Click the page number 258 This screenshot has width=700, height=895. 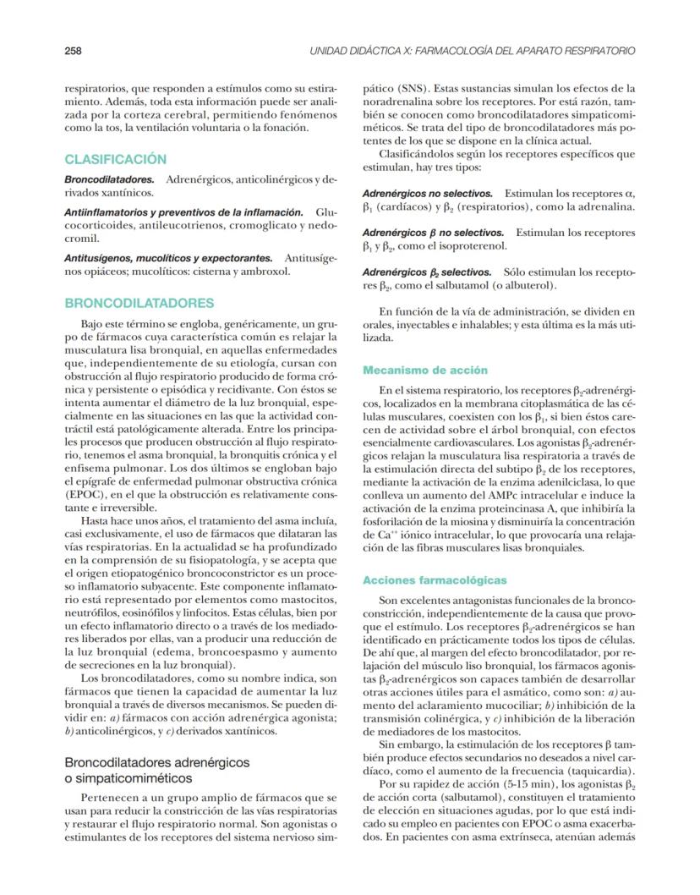coord(74,51)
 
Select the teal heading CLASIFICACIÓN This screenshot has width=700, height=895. coord(116,159)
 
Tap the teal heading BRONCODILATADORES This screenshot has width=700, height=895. coord(139,303)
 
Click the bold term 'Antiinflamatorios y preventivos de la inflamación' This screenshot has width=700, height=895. coord(183,211)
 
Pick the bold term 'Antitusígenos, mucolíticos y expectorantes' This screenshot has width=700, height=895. coord(168,257)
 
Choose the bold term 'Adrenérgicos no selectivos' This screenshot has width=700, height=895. coord(433,194)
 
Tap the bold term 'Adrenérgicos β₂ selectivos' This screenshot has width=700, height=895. coord(427,272)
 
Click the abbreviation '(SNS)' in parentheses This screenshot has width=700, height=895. coord(407,87)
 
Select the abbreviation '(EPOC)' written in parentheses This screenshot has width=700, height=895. coord(87,493)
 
